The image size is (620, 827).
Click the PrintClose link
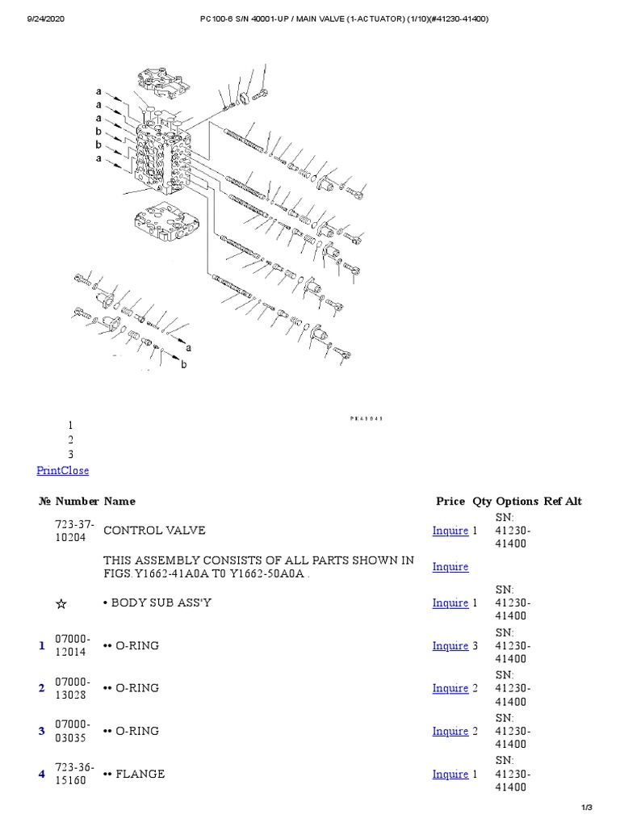tap(63, 470)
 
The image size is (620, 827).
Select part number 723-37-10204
tap(74, 531)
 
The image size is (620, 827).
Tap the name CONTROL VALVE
tap(154, 531)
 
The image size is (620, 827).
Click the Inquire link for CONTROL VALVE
tap(450, 531)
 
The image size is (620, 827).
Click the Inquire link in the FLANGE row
tap(450, 774)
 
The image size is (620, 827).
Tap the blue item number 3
tap(41, 731)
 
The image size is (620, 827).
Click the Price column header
tap(450, 501)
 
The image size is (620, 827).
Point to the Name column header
tap(119, 501)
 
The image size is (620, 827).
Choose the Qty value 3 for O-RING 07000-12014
tap(475, 645)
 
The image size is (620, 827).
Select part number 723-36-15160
tap(74, 774)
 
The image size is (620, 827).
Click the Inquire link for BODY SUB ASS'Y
tap(450, 602)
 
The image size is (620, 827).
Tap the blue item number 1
tap(41, 645)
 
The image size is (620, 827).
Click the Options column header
tap(517, 501)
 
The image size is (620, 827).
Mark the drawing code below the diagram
tap(365, 419)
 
